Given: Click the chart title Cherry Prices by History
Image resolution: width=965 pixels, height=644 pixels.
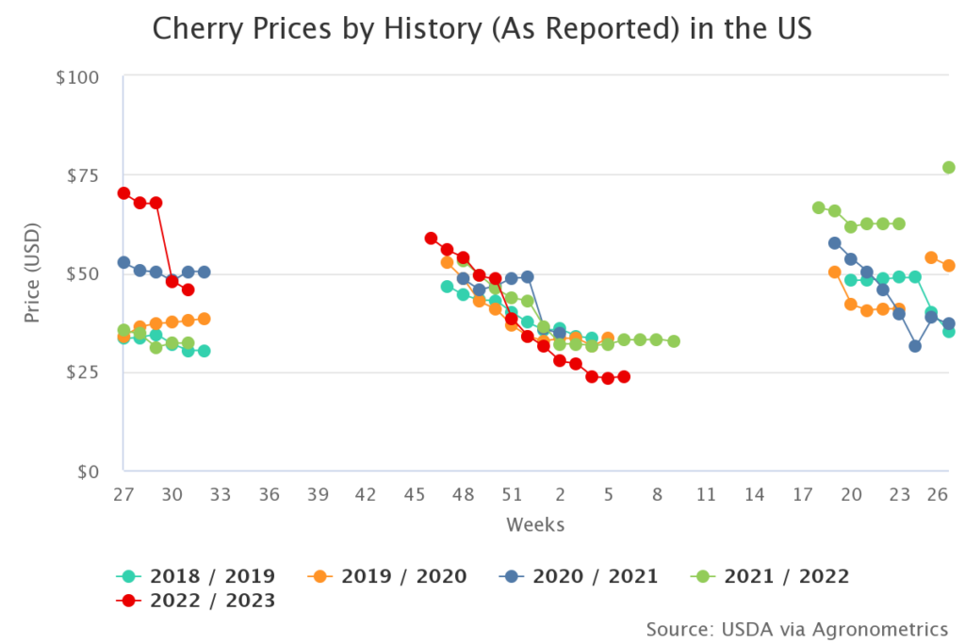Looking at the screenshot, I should [x=482, y=30].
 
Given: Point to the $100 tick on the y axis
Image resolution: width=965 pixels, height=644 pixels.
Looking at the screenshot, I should [x=77, y=76].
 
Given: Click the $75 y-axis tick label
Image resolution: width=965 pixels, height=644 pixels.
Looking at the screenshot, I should [x=82, y=175].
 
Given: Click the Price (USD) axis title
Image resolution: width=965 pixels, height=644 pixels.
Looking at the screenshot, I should [x=33, y=274].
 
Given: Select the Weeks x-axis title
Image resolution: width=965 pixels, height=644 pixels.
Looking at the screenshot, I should [x=535, y=524].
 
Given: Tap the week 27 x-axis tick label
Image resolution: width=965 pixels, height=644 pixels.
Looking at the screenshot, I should [x=123, y=495].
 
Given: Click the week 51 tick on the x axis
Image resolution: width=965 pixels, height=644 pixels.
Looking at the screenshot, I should [x=511, y=495].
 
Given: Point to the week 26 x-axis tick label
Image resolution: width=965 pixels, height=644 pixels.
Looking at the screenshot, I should [x=937, y=495].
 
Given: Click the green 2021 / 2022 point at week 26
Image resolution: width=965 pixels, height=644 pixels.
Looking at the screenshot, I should [x=949, y=168].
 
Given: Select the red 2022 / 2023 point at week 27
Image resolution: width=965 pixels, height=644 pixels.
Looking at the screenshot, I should [x=123, y=193].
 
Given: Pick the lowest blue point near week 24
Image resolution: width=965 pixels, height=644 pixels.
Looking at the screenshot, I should [x=915, y=346].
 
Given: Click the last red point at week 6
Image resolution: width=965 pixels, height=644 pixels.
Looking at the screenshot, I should [x=624, y=377].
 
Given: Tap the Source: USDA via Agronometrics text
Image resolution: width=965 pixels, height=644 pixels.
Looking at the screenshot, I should [x=796, y=628].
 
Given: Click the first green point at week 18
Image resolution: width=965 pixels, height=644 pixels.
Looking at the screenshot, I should [x=818, y=207].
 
